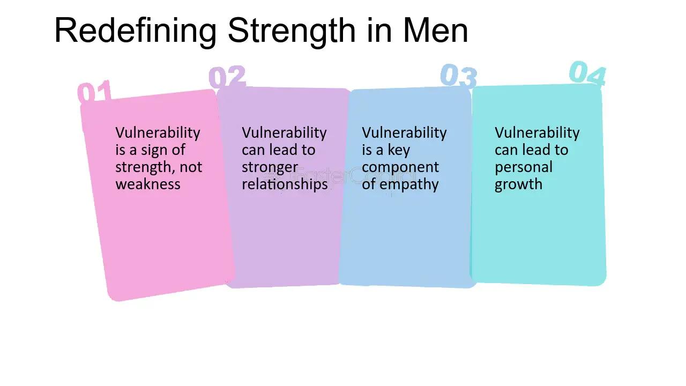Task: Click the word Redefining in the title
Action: pos(135,31)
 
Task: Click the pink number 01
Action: pos(95,92)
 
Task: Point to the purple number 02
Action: pos(227,78)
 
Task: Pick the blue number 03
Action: pos(459,76)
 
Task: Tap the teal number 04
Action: pos(587,74)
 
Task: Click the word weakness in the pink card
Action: pos(148,184)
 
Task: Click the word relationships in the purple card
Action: pos(285,184)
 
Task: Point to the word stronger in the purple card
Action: pos(270,167)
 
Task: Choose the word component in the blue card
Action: pos(400,167)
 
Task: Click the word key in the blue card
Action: pos(399,150)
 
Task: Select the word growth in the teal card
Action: pos(518,184)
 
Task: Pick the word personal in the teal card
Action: pos(523,167)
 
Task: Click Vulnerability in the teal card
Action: pos(537,133)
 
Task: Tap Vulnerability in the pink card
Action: pos(158,133)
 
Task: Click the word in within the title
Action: pos(378,31)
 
